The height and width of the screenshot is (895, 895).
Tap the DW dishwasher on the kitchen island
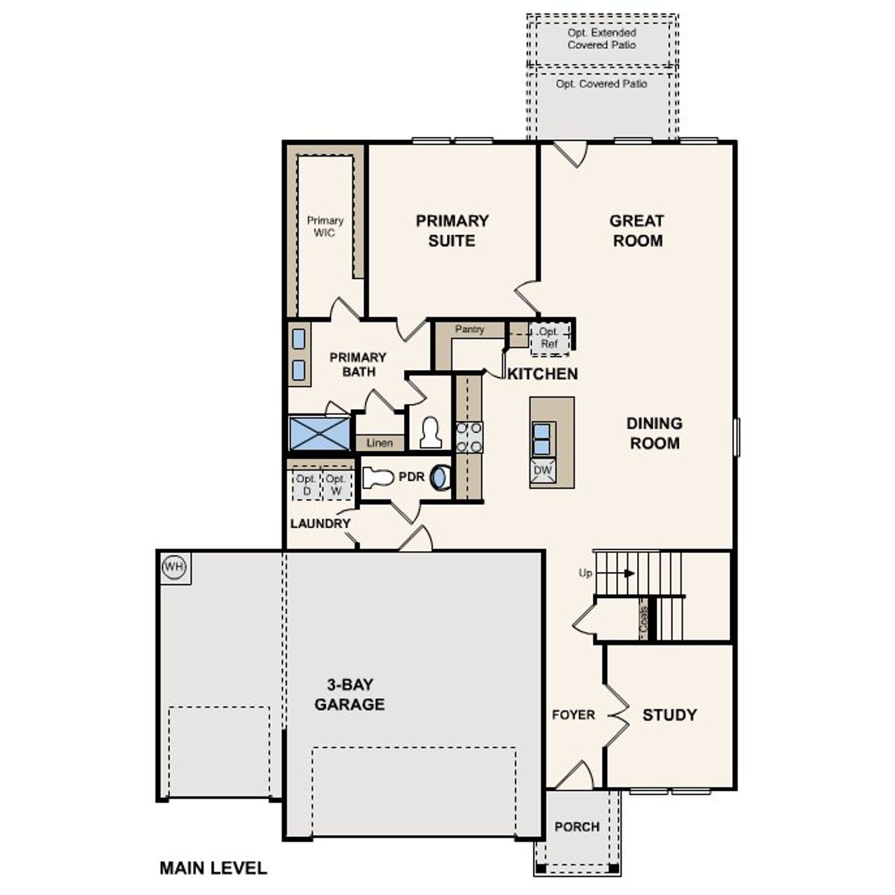point(543,471)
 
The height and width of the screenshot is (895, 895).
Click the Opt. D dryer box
point(306,485)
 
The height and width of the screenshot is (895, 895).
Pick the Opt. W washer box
point(336,485)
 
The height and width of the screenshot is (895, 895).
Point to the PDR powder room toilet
point(378,478)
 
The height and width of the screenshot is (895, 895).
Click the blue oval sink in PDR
point(440,478)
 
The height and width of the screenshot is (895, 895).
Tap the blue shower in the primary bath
point(320,434)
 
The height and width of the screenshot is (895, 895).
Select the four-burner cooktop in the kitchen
point(468,437)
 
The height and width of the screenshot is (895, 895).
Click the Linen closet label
point(380,443)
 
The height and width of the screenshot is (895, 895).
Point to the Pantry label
point(469,329)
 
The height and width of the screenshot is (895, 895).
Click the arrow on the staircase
point(629,573)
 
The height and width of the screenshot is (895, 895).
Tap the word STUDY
point(669,715)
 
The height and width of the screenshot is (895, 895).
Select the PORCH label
point(577,826)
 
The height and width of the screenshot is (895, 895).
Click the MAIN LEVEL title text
point(213,868)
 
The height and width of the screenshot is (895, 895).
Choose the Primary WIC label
point(325,227)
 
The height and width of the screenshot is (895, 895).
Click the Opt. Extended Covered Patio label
point(602,38)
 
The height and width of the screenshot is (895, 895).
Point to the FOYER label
point(573,715)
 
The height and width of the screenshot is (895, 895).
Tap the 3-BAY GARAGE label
point(349,694)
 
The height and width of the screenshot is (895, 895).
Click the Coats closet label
point(643,618)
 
